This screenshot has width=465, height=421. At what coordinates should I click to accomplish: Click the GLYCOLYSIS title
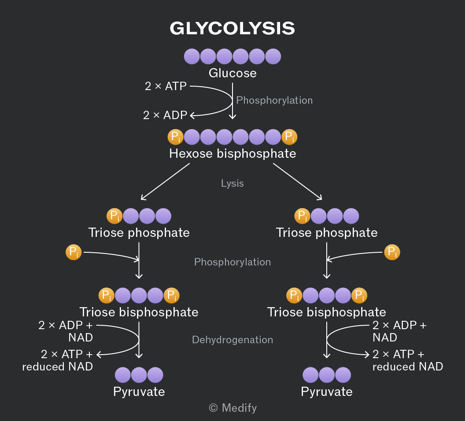click(x=232, y=29)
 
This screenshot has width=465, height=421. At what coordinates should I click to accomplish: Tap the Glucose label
click(x=232, y=73)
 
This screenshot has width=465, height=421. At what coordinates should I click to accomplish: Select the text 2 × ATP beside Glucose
click(x=166, y=86)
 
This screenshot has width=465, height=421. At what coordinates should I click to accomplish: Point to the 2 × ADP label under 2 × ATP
click(x=165, y=115)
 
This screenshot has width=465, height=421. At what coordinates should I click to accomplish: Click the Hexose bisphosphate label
click(x=232, y=154)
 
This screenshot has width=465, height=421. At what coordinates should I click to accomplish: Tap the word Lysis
click(x=232, y=184)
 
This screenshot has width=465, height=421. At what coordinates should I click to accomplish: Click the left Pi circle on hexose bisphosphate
click(x=176, y=137)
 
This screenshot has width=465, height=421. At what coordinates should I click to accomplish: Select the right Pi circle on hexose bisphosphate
click(x=289, y=137)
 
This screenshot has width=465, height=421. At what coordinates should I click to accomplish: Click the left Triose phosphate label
click(x=139, y=233)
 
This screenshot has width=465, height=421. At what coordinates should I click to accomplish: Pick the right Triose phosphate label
click(x=326, y=233)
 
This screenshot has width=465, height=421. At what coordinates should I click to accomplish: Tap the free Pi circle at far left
click(x=74, y=252)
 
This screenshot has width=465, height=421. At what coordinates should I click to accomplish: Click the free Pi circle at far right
click(x=392, y=252)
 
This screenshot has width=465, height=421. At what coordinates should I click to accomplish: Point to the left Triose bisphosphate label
click(x=139, y=312)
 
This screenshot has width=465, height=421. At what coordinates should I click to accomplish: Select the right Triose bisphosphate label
click(x=326, y=312)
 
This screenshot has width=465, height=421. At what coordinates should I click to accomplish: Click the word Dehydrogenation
click(x=232, y=340)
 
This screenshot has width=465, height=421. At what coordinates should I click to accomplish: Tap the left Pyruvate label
click(x=139, y=392)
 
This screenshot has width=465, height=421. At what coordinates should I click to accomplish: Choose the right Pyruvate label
click(x=326, y=392)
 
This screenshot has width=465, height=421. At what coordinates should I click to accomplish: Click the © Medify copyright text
click(x=233, y=408)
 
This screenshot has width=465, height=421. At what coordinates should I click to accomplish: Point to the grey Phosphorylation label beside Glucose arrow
click(x=274, y=100)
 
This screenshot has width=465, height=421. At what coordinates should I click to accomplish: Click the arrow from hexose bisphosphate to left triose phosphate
click(x=165, y=181)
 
